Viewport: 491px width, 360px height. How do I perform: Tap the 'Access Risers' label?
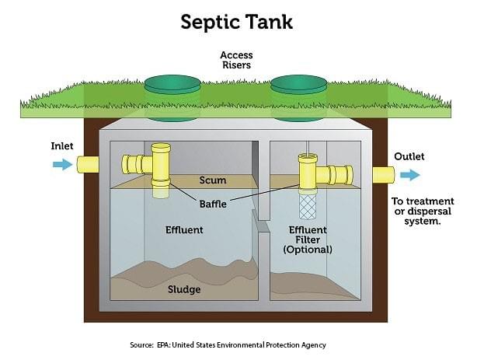coord(237,61)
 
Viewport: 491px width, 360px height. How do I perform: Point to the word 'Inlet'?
coord(62,146)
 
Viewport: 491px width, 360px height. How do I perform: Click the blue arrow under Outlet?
coord(409,175)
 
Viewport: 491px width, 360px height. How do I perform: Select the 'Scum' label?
coord(212,180)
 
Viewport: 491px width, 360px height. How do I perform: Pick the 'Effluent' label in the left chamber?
coord(184,230)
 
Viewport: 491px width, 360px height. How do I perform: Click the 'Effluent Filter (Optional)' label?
coord(308,239)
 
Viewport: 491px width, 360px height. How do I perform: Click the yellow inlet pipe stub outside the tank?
coord(86,163)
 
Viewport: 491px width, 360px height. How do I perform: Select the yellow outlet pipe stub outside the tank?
coord(384,175)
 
